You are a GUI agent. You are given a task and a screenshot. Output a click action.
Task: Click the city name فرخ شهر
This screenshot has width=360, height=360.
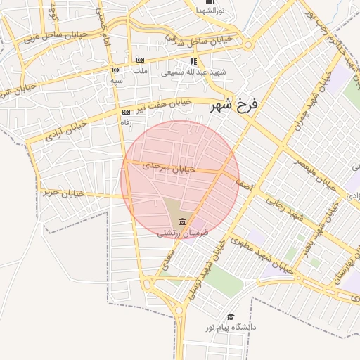pos(235,105)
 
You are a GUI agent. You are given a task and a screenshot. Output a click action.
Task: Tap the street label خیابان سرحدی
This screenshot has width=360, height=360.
pos(167,167)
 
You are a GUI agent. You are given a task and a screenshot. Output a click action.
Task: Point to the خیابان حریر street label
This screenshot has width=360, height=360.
pos(63,192)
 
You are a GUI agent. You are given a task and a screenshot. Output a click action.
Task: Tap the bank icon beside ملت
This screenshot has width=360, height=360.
pos(141,60)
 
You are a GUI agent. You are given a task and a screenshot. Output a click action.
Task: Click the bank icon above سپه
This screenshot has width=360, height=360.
pos(116,70)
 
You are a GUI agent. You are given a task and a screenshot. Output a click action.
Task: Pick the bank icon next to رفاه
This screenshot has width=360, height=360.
pos(126,112)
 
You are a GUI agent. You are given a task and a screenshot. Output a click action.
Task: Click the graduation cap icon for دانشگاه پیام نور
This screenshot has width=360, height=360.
pos(231,317)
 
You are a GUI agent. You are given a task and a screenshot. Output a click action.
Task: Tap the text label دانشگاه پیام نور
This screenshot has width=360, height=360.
pos(231,328)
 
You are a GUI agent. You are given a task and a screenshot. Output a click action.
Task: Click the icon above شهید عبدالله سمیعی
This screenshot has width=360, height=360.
pos(193,61)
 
